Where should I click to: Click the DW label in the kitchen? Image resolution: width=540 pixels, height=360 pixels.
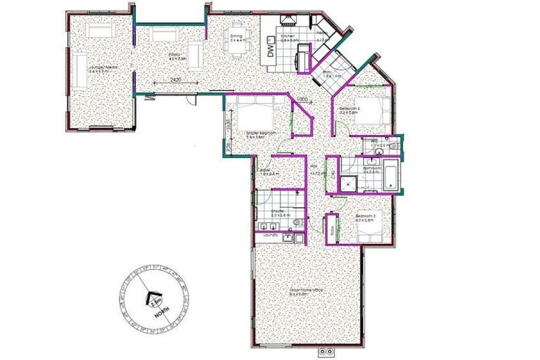coord(271,51)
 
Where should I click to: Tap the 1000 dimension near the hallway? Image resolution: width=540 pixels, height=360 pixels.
coord(302,99)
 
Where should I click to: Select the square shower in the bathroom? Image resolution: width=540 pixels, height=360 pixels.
coord(349,182)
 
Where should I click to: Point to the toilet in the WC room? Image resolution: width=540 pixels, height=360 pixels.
coord(394,146)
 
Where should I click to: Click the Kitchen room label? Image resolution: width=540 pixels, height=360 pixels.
coord(287,37)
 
